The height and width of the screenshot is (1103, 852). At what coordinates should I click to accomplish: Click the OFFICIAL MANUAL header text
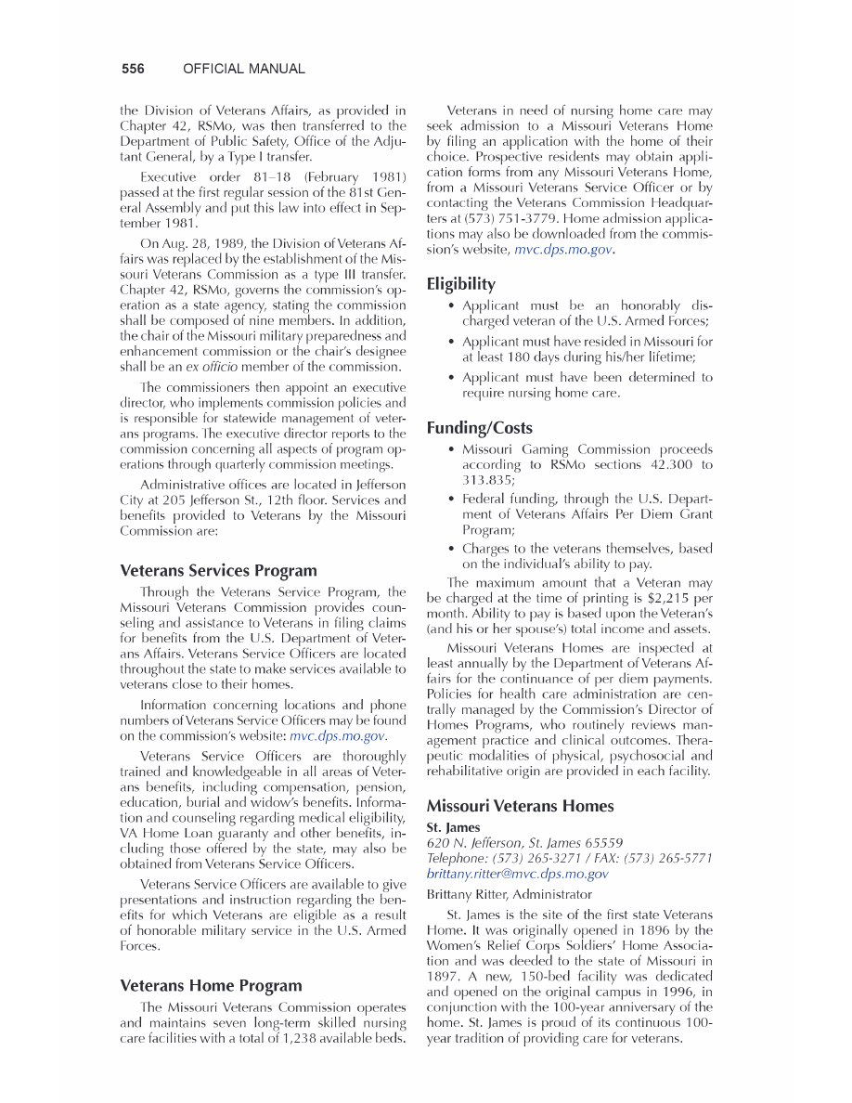pos(244,69)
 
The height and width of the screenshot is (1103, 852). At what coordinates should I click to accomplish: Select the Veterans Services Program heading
pos(218,570)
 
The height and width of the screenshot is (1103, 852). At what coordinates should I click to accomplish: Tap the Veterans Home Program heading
pos(211,985)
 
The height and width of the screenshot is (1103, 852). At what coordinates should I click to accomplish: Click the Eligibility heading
pos(460,283)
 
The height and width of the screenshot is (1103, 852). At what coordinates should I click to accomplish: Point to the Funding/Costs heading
pos(479,428)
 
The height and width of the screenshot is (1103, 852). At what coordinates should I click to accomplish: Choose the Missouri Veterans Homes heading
pos(520,806)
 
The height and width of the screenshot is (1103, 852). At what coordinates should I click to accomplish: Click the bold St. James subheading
pos(453,826)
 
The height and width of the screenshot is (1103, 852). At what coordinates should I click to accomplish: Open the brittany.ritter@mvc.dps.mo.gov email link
pos(517,874)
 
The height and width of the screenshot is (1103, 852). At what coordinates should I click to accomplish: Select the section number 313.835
pos(482,480)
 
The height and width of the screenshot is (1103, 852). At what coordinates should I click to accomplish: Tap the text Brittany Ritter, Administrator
pos(509,895)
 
